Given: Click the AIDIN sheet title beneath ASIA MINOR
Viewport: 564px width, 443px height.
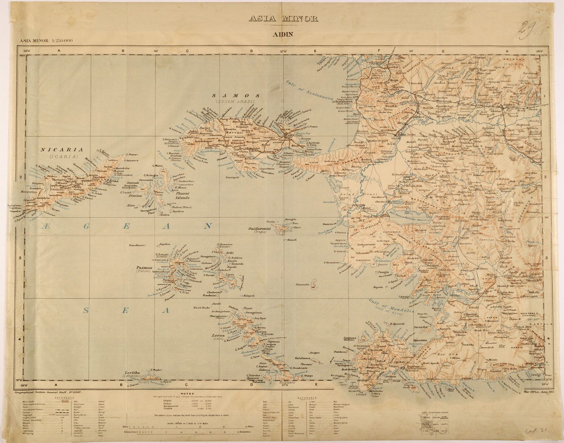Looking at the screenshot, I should coord(283,34).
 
